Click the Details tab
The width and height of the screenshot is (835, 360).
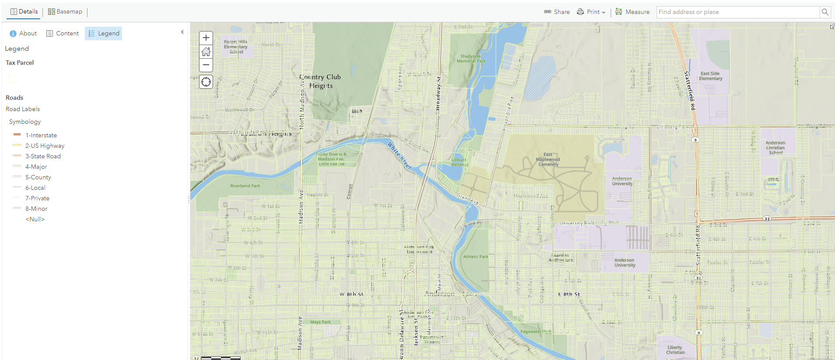pyautogui.click(x=24, y=12)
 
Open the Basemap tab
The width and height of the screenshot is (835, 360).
pyautogui.click(x=65, y=12)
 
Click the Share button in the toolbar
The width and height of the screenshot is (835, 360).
pyautogui.click(x=557, y=12)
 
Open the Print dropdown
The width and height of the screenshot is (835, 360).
pyautogui.click(x=591, y=12)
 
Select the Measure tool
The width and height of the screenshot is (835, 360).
pyautogui.click(x=632, y=12)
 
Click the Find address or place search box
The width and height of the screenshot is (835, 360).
pyautogui.click(x=737, y=12)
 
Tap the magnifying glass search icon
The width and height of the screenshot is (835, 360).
pyautogui.click(x=825, y=12)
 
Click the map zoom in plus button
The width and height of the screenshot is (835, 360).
pyautogui.click(x=206, y=38)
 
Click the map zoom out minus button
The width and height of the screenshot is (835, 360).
pyautogui.click(x=206, y=65)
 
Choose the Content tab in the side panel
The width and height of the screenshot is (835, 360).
pyautogui.click(x=63, y=34)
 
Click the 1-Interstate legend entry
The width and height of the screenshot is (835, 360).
pyautogui.click(x=41, y=136)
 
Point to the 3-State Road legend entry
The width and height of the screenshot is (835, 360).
pyautogui.click(x=43, y=157)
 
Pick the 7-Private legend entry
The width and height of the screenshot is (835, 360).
pyautogui.click(x=37, y=199)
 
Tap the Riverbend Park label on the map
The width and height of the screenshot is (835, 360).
pyautogui.click(x=245, y=186)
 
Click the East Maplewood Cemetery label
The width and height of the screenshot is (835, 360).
pyautogui.click(x=548, y=160)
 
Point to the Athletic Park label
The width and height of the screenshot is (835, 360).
pyautogui.click(x=475, y=257)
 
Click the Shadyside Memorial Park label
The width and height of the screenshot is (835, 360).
pyautogui.click(x=471, y=59)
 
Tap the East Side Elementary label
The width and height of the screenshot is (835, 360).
pyautogui.click(x=710, y=76)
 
